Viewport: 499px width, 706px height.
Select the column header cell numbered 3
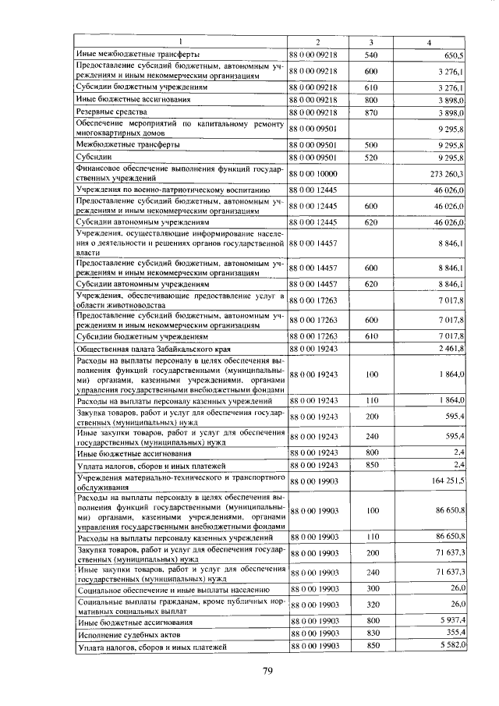[x=371, y=41]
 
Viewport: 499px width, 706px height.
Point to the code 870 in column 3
[x=371, y=113]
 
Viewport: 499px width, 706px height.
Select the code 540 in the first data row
[x=371, y=55]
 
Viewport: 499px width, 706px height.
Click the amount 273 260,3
[x=448, y=174]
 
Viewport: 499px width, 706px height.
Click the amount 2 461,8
[x=451, y=347]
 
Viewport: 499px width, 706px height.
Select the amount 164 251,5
[x=448, y=481]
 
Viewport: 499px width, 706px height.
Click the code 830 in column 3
[x=371, y=634]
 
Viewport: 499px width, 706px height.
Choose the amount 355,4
[x=454, y=634]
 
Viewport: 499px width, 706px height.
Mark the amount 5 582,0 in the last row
[x=451, y=647]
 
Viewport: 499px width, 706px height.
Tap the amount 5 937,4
[x=451, y=622]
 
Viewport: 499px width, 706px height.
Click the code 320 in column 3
[x=371, y=605]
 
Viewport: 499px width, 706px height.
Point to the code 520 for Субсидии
[x=371, y=157]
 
